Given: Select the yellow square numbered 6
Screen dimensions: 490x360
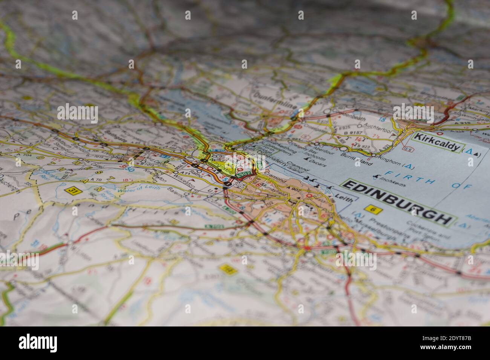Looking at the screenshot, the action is coord(374,210).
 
